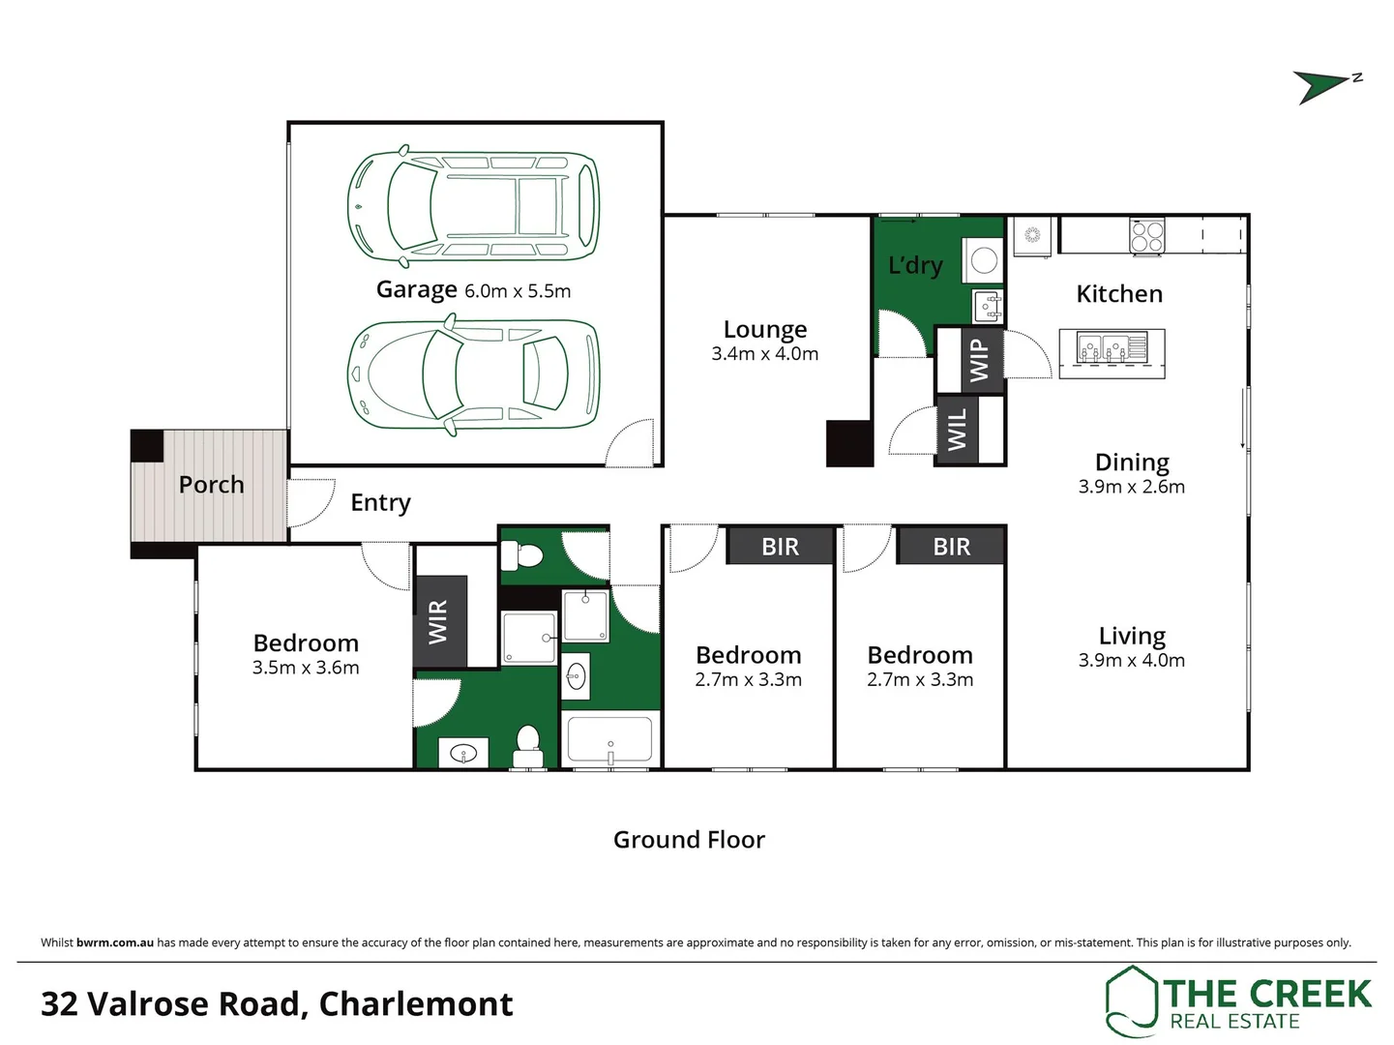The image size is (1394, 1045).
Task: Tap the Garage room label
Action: [416, 289]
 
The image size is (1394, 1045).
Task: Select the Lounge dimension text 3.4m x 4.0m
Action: [764, 354]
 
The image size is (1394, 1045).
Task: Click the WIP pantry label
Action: [979, 360]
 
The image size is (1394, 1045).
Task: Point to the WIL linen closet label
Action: [957, 430]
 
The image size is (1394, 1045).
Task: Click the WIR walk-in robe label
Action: [438, 621]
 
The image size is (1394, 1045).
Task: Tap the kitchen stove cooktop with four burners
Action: [1147, 236]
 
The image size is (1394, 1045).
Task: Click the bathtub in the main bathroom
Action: [609, 740]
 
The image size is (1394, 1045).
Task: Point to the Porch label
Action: [211, 485]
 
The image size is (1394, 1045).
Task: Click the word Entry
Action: [380, 502]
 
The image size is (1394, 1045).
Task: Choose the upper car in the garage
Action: [473, 206]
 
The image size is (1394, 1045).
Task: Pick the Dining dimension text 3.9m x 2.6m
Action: [1131, 487]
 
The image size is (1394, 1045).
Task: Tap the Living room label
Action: [1131, 636]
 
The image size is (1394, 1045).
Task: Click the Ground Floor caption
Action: [689, 840]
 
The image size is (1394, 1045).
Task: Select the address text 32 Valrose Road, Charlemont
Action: [277, 1004]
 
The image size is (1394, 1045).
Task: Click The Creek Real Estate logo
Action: [1238, 1002]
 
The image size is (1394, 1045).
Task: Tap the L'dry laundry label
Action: [915, 265]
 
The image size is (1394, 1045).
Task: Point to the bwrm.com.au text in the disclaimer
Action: [114, 942]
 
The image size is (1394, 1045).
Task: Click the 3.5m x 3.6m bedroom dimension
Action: [306, 668]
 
